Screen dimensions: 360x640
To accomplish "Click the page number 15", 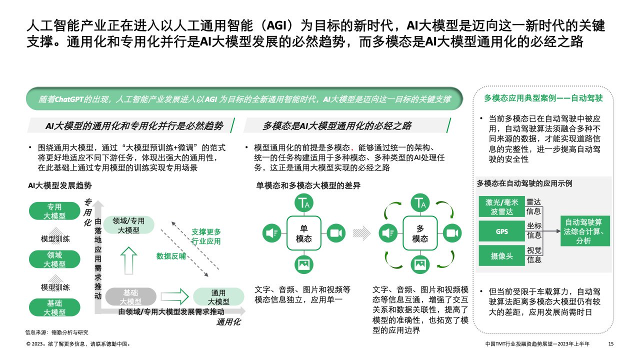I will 610,344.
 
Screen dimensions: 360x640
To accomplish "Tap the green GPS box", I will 501,231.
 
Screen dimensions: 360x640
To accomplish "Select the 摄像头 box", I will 501,255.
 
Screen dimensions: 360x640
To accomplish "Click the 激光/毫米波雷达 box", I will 501,207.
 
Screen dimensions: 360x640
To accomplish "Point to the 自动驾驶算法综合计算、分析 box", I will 585,231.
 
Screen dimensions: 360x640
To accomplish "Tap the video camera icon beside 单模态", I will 335,233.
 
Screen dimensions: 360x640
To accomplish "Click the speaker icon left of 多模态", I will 387,233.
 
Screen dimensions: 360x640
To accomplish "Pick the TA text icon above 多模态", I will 419,203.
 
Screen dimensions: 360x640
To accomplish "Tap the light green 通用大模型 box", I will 218,297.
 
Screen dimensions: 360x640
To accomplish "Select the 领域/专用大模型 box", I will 128,225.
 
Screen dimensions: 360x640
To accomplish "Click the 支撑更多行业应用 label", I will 206,236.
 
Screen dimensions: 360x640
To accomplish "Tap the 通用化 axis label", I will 228,322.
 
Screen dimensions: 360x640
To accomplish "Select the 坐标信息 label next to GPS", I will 534,230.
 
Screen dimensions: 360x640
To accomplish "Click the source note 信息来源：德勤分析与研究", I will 56,332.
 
